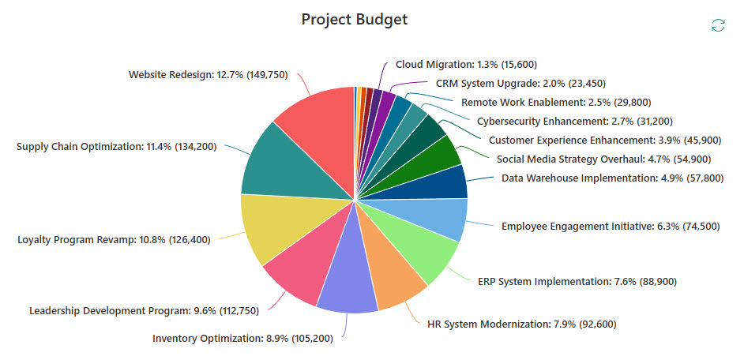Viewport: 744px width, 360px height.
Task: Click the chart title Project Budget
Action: pos(355,19)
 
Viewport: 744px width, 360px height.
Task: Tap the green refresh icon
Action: pos(717,25)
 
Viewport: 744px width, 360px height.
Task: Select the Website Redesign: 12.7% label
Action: pos(208,75)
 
